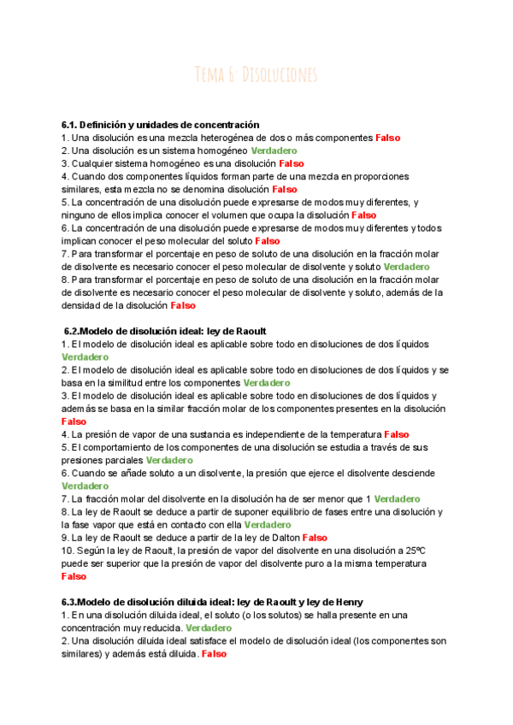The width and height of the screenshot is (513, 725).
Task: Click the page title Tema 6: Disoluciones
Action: pos(256,74)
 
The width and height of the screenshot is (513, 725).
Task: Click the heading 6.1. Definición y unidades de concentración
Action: pos(161,125)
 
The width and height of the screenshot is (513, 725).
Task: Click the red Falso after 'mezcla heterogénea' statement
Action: pos(387,138)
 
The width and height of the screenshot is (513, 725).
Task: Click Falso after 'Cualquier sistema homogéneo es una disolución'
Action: pos(291,163)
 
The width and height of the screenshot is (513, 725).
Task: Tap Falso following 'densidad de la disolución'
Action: pos(183,305)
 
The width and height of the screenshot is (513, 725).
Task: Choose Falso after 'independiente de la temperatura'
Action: pos(397,434)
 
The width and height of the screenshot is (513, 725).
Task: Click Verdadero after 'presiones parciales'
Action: pos(169,460)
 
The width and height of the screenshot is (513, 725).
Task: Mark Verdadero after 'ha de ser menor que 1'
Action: pos(397,498)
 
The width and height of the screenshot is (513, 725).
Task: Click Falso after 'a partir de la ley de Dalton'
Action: pos(315,538)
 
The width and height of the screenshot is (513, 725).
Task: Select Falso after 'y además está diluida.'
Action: pos(214,653)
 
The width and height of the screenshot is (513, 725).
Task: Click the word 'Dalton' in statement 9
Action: pos(282,538)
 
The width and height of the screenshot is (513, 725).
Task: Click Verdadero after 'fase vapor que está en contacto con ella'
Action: pos(268,525)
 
